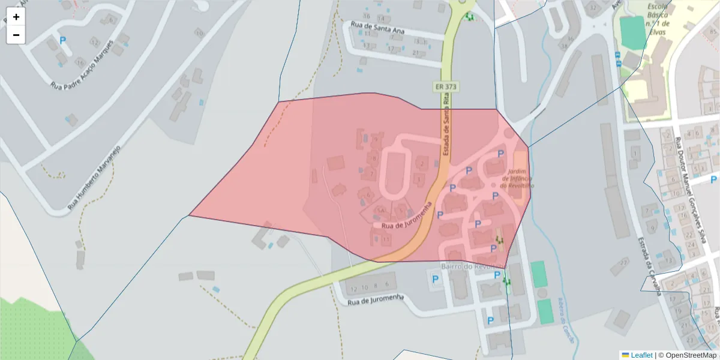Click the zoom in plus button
tap(16, 17)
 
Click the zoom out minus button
tap(16, 35)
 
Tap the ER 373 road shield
tap(446, 87)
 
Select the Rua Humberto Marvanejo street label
tap(95, 178)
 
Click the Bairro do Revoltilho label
tap(474, 266)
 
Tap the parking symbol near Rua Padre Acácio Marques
tap(63, 41)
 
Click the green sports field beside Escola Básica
tap(632, 34)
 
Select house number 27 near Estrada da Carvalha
tap(624, 262)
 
